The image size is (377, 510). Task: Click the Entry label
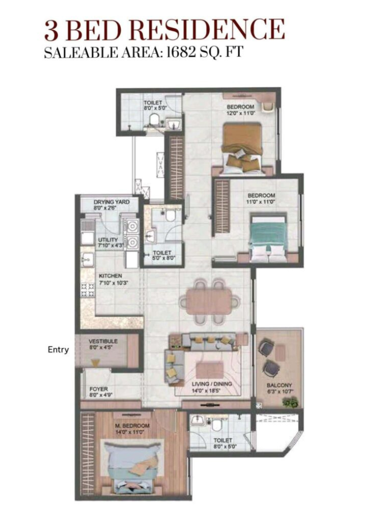pos(58,350)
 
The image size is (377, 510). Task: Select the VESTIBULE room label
pos(103,341)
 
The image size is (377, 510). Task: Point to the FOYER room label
pos(99,389)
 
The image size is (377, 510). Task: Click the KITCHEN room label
pos(110,276)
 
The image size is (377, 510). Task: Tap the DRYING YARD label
pos(112,202)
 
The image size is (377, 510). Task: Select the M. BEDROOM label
pos(132,426)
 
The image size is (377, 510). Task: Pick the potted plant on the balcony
pos(290,401)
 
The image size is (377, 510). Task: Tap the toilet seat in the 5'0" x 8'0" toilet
pos(170,216)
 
